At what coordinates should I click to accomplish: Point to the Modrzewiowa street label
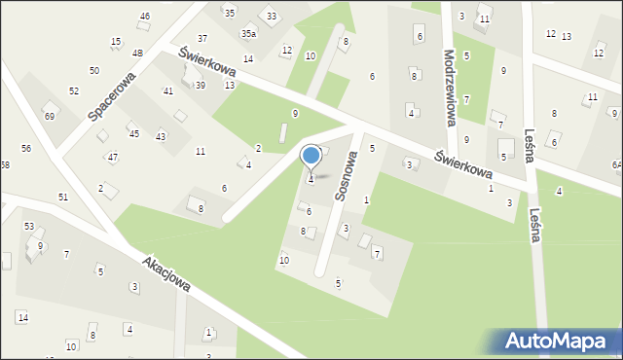pos(450,89)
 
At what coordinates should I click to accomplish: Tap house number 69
pos(50,117)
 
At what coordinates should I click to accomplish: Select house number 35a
pos(249,34)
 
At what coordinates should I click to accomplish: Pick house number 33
pos(272,17)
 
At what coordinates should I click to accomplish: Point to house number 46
pos(145,17)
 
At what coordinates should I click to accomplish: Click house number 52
pos(74,90)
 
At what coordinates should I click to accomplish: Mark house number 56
pos(26,148)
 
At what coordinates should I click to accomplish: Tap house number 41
pos(168,90)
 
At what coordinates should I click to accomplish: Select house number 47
pos(113,157)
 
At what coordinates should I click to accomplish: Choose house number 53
pos(29,226)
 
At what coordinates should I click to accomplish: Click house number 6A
pos(616,165)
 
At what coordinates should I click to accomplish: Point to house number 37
pos(202,39)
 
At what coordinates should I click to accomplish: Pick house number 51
pos(63,198)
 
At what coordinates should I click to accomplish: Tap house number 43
pos(161,137)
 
